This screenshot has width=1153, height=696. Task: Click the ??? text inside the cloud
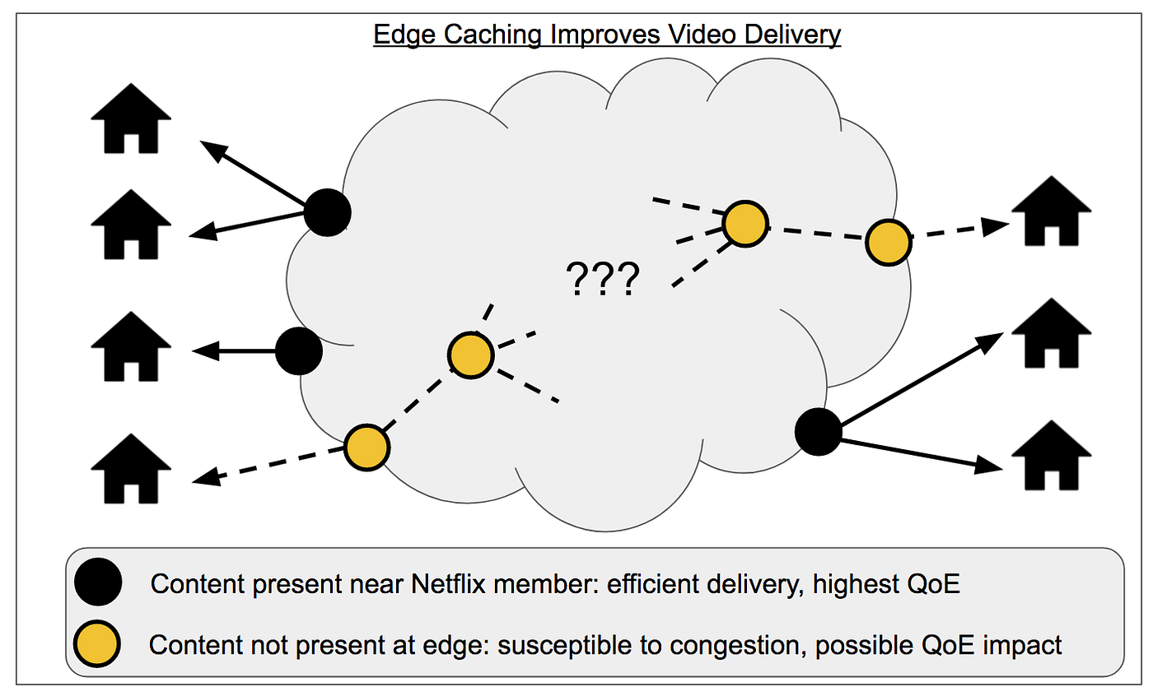coord(603,281)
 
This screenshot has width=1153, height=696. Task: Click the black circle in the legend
coord(98,582)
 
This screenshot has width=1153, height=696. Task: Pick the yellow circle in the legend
coord(98,643)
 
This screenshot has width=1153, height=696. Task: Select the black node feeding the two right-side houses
coord(819,431)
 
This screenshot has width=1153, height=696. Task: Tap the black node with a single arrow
coord(298,351)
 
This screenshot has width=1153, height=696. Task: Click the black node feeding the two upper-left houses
coord(328,212)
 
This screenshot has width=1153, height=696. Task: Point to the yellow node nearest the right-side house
coord(888,242)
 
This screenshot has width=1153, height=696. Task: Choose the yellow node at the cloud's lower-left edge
coord(366,448)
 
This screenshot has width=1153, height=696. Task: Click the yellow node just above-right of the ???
coord(745,224)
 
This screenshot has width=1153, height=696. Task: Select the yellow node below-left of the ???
coord(470,355)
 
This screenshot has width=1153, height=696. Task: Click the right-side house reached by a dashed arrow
coord(1052,211)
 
